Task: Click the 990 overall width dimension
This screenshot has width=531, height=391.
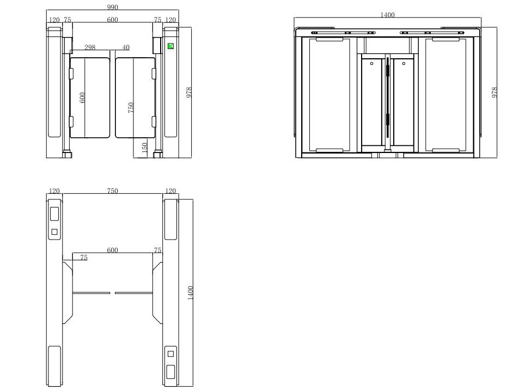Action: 112,7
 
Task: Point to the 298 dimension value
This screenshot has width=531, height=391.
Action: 90,47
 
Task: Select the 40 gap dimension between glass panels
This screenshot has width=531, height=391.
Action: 126,47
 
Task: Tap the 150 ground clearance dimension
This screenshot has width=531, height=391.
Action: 144,148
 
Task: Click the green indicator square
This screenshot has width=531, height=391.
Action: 170,46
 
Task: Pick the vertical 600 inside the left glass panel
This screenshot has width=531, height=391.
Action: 82,97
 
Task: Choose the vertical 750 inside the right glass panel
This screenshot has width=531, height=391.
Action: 131,107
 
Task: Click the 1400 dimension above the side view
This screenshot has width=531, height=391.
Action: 387,15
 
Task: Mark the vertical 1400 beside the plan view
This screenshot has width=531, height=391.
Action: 190,293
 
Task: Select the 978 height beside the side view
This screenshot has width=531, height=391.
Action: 494,93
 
